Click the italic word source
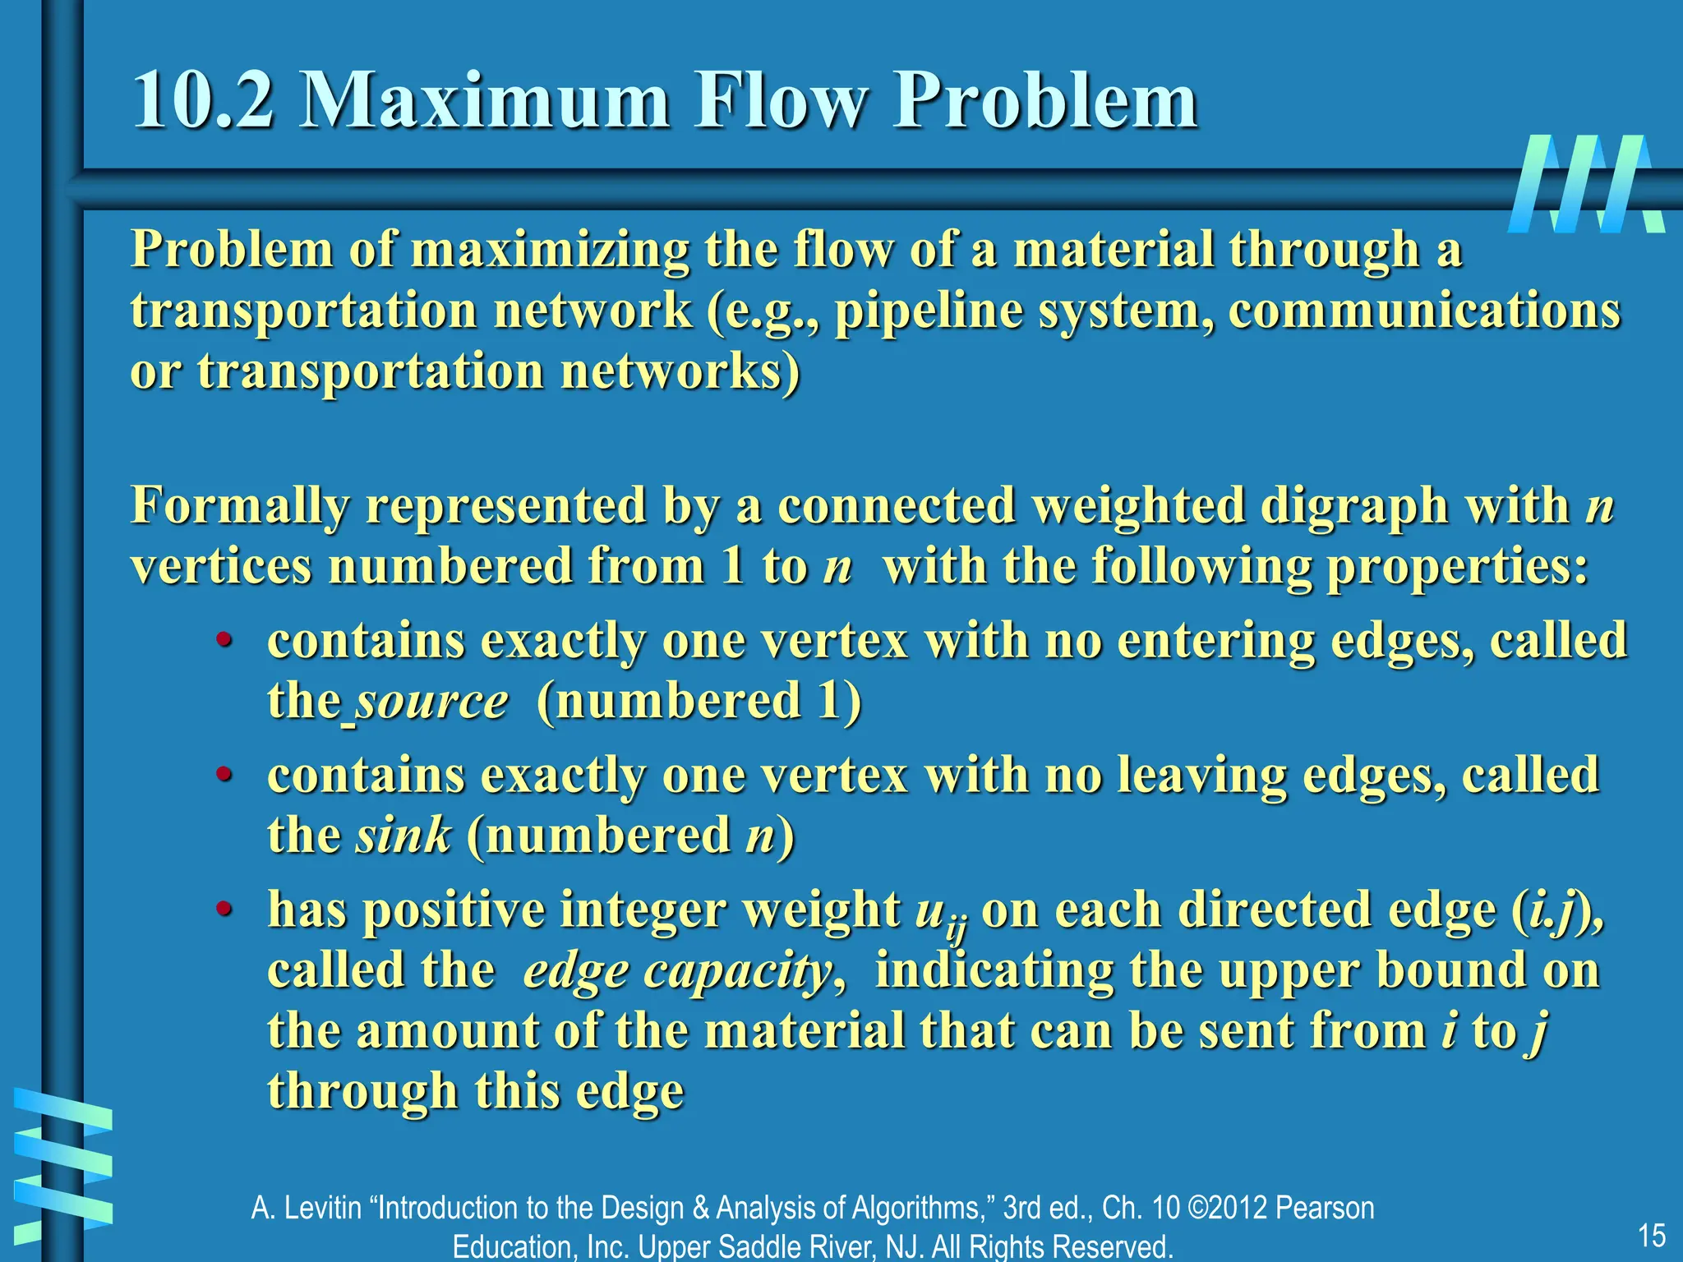tap(432, 702)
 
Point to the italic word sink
tap(403, 836)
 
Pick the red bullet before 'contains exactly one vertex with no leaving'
tap(223, 775)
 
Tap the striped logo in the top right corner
tap(1586, 184)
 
